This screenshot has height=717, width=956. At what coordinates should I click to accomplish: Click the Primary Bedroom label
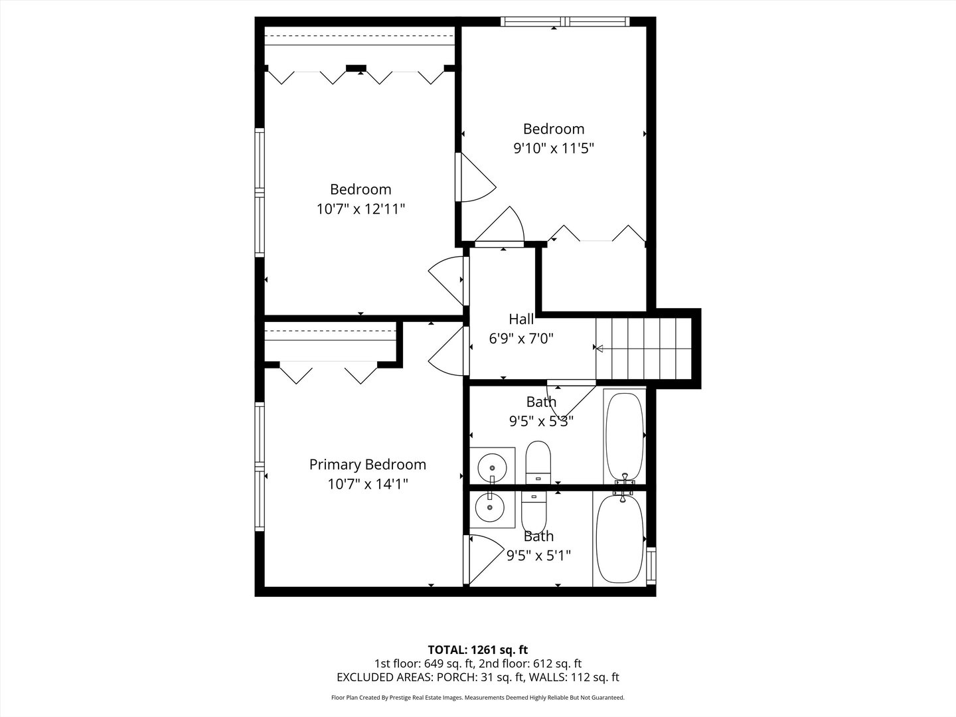pyautogui.click(x=367, y=465)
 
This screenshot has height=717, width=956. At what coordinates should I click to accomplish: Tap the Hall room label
pyautogui.click(x=521, y=319)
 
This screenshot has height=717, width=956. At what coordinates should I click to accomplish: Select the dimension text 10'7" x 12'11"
pyautogui.click(x=360, y=209)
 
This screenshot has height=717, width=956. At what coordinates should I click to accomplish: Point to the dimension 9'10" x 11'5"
pyautogui.click(x=553, y=148)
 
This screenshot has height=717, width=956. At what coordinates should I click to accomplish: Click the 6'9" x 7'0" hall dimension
pyautogui.click(x=521, y=339)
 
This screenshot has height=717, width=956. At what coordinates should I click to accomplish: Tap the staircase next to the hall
pyautogui.click(x=644, y=347)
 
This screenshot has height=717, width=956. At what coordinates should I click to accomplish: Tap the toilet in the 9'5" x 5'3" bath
pyautogui.click(x=538, y=462)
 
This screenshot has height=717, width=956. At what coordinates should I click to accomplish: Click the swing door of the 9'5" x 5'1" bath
pyautogui.click(x=483, y=558)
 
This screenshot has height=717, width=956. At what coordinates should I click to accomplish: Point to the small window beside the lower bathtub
pyautogui.click(x=651, y=564)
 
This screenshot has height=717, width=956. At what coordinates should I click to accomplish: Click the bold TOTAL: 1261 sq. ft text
pyautogui.click(x=477, y=649)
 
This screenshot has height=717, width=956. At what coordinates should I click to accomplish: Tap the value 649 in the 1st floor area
pyautogui.click(x=432, y=663)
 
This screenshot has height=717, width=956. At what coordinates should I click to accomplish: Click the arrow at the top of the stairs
pyautogui.click(x=599, y=348)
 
